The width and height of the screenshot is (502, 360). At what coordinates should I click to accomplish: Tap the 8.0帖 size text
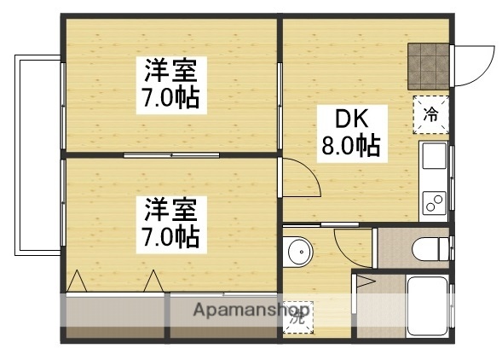tap(350, 147)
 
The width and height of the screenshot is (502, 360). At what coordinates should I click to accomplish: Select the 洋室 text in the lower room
tap(170, 208)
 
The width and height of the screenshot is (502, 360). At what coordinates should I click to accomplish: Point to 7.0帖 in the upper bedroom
tap(171, 97)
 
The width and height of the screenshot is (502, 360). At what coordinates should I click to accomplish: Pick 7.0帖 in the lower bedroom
tap(170, 235)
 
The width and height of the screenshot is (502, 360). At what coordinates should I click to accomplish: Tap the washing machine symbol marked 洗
tap(300, 314)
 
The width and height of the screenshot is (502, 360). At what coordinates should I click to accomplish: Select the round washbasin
tap(298, 252)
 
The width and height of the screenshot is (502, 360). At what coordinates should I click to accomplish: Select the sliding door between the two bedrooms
tap(170, 154)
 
